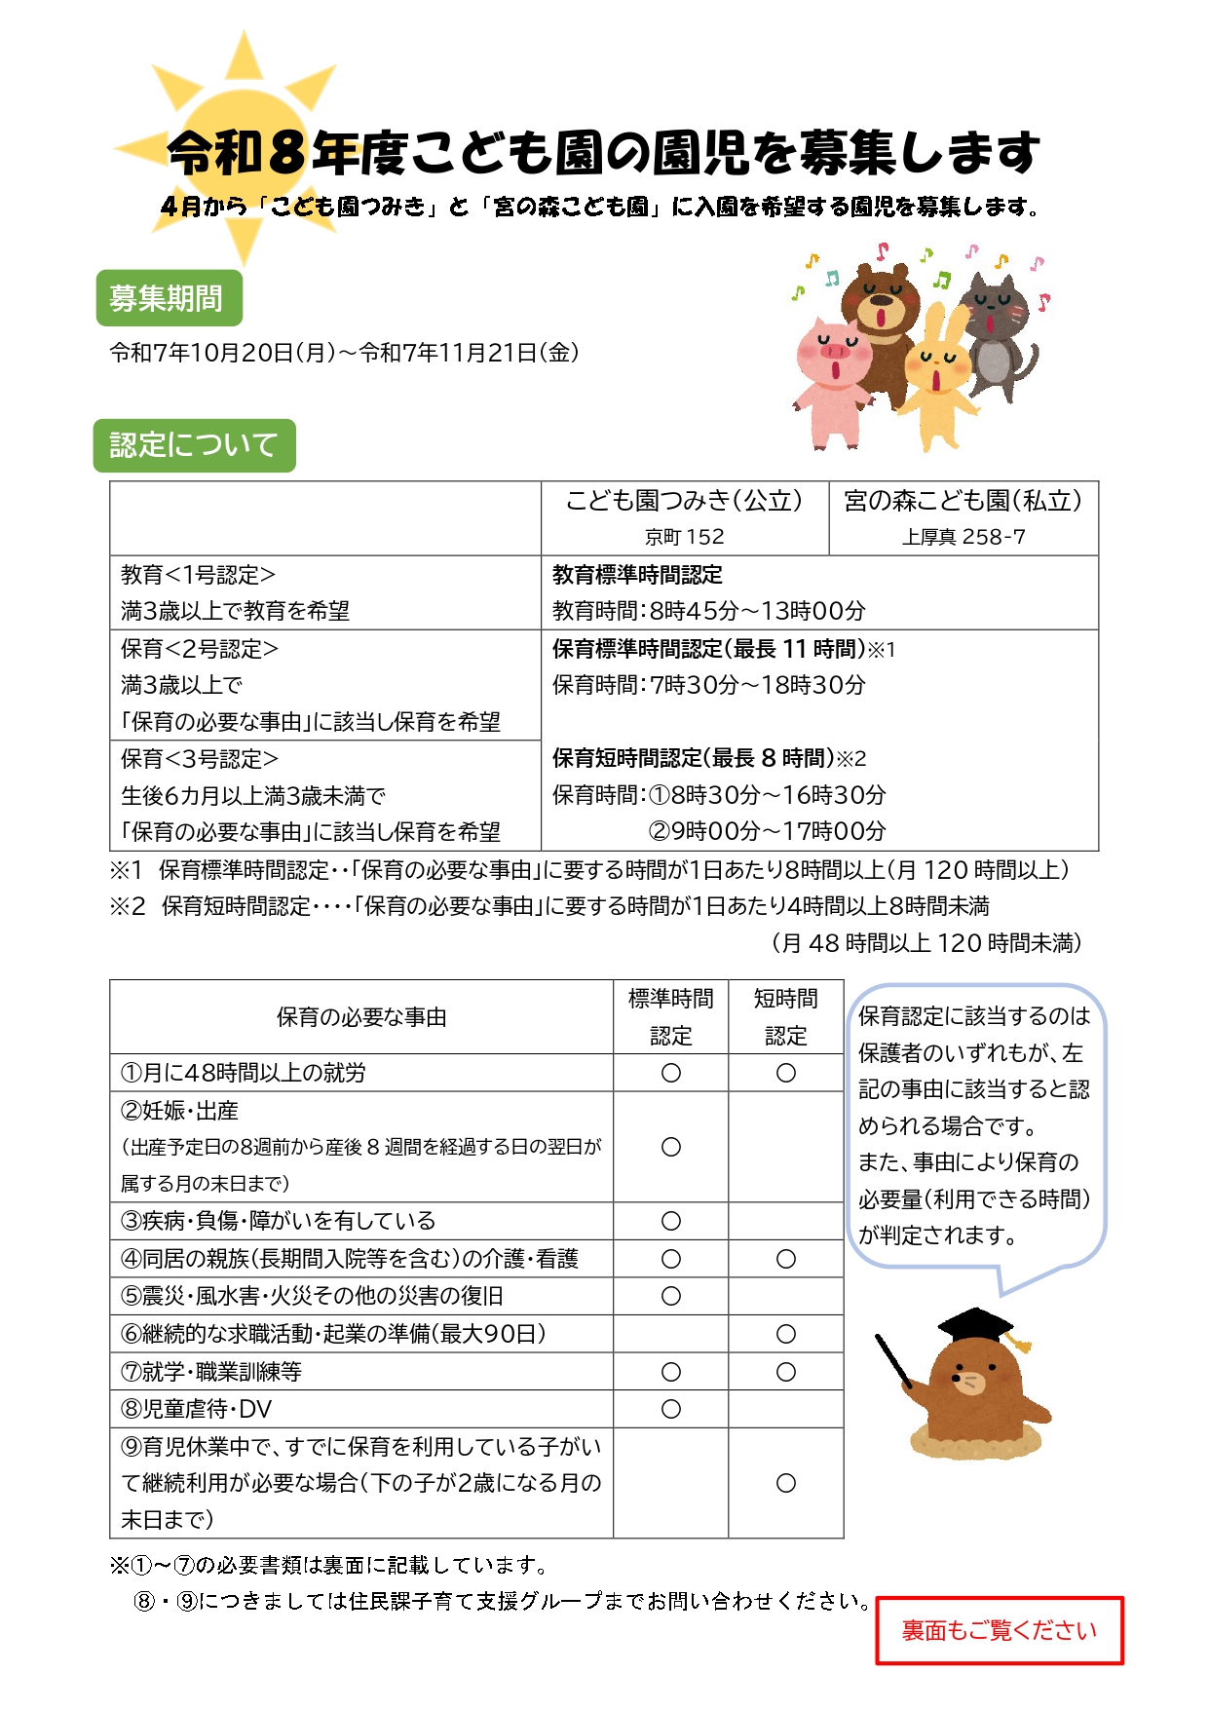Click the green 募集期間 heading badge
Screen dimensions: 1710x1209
click(169, 298)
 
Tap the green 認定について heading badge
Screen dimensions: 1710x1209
click(194, 445)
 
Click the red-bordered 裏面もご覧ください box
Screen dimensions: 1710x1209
click(999, 1630)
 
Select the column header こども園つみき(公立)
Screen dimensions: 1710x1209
click(684, 501)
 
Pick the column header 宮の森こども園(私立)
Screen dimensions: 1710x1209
click(963, 501)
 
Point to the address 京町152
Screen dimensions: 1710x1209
click(684, 537)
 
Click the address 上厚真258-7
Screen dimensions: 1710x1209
click(963, 537)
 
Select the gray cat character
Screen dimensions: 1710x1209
click(996, 336)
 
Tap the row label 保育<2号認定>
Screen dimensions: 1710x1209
click(200, 649)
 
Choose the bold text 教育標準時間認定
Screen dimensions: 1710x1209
click(637, 575)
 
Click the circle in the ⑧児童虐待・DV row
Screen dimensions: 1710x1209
click(671, 1409)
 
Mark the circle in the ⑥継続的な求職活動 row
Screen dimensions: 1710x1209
click(786, 1334)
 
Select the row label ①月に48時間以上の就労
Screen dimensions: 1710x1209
click(244, 1073)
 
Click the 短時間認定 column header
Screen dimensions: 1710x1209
click(786, 1016)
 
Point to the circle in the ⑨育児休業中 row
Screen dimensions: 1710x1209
click(786, 1483)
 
